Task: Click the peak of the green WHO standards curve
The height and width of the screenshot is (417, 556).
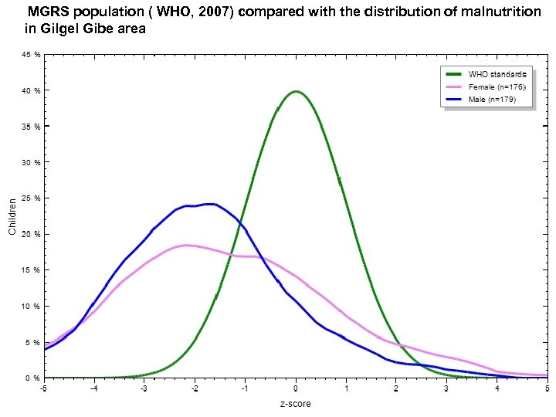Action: coord(296,91)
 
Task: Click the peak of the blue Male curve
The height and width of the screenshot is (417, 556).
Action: coord(208,204)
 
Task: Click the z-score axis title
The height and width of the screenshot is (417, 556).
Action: coord(296,403)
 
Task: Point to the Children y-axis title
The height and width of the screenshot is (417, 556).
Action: coord(12,216)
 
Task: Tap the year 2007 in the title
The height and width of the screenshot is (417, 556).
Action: coord(214,12)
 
